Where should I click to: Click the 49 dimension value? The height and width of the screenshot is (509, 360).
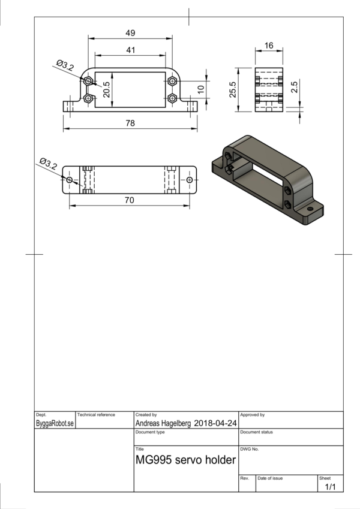(x=130, y=33)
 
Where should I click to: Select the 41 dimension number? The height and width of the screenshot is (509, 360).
(x=130, y=50)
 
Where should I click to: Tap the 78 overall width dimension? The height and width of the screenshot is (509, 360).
(x=130, y=123)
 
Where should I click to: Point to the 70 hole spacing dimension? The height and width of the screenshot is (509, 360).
(x=130, y=200)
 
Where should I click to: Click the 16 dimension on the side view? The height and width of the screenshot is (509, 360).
(x=268, y=46)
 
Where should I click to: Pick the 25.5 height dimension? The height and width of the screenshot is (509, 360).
(x=233, y=89)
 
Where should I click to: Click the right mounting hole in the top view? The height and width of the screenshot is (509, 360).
(x=190, y=180)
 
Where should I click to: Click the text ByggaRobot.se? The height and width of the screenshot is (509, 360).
(x=55, y=423)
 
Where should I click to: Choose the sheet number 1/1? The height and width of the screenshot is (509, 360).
(x=330, y=487)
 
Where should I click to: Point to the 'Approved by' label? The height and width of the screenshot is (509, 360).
(x=253, y=414)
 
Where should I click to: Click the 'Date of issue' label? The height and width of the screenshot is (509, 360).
(x=270, y=478)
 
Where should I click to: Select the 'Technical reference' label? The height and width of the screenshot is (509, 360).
(x=96, y=414)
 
